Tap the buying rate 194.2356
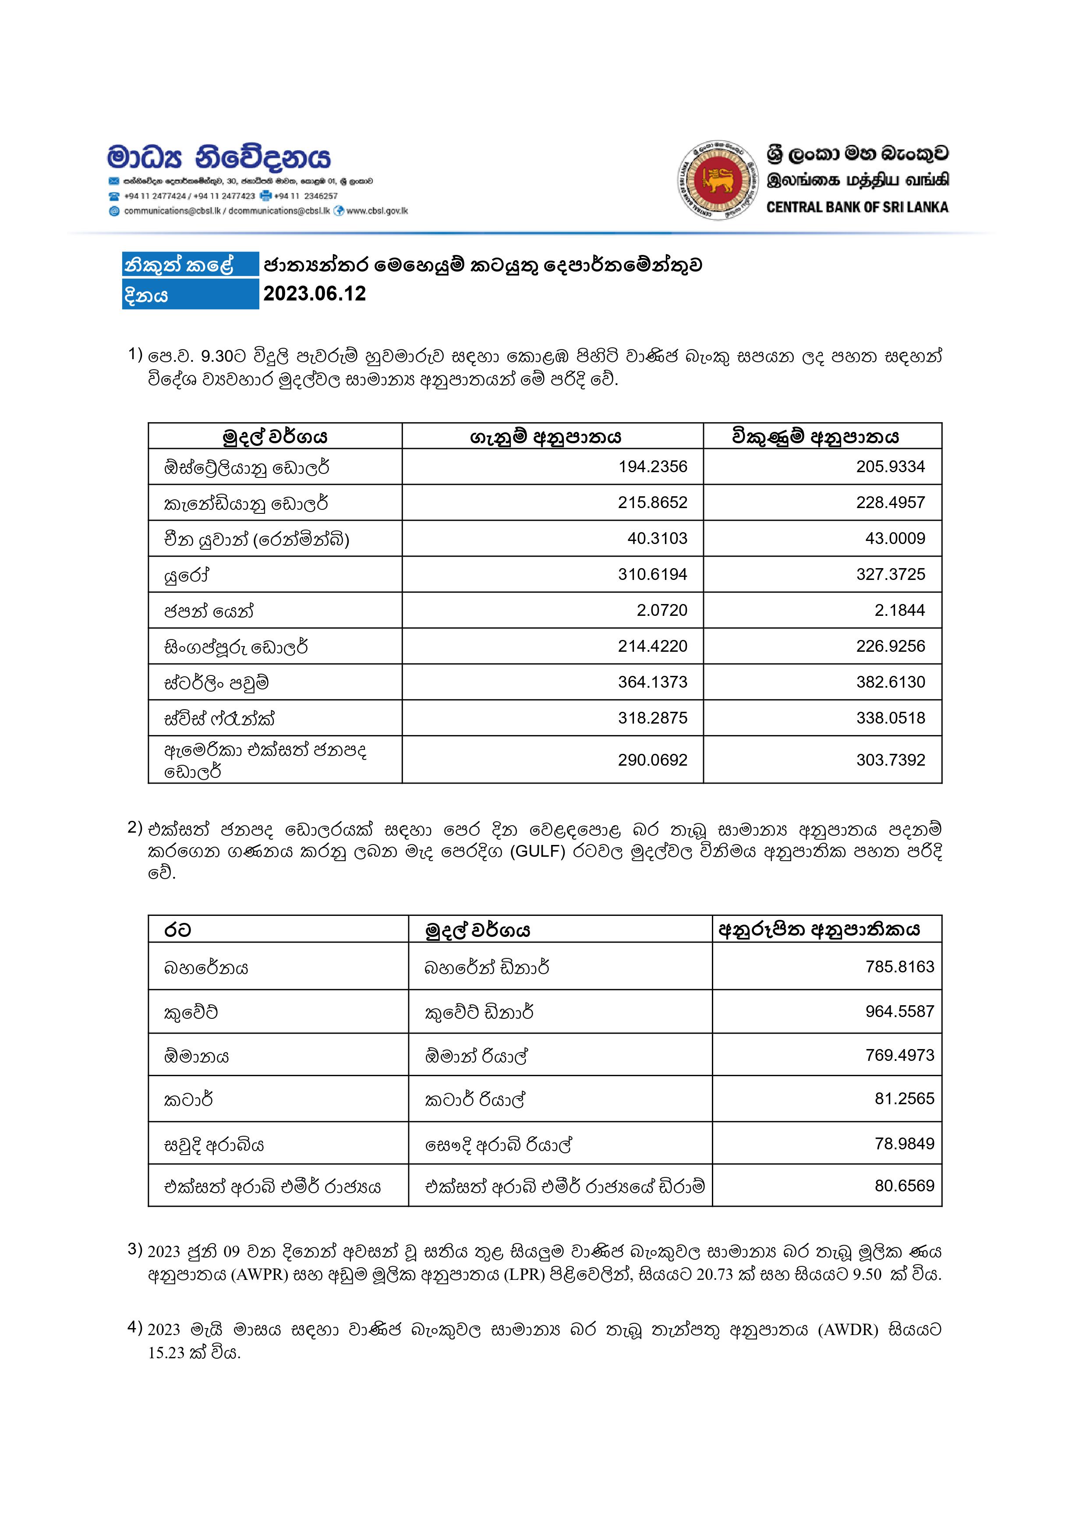coord(652,466)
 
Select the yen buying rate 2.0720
coord(662,610)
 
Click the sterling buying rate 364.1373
coord(652,682)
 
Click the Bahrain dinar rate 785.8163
coord(899,967)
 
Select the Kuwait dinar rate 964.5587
coord(899,1011)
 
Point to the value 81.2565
coord(904,1099)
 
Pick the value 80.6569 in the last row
coord(904,1186)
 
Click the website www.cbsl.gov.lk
coord(377,211)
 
